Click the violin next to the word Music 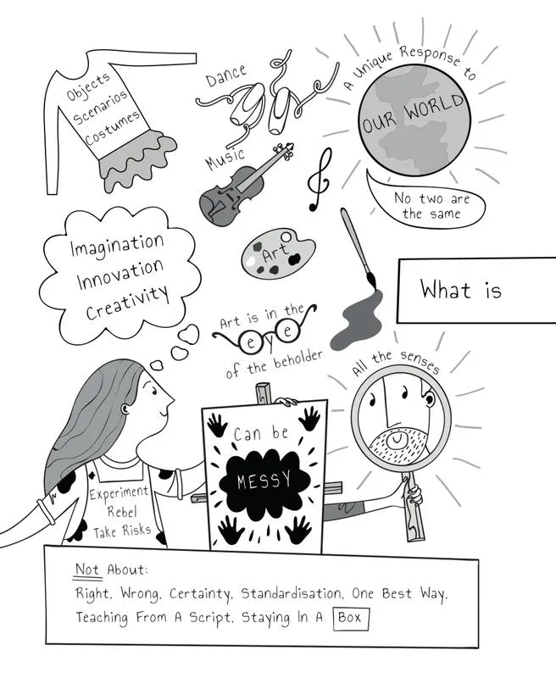243,186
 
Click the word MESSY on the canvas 264,481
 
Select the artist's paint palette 277,253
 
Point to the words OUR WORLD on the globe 413,114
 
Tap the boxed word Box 351,619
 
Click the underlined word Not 88,570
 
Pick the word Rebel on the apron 122,512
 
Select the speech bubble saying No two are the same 425,201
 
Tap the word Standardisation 291,593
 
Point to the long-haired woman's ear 125,408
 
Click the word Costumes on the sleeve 112,128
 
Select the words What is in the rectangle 461,290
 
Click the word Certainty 200,594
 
